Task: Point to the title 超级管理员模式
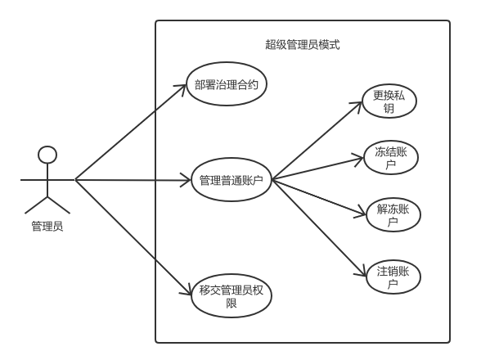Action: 303,45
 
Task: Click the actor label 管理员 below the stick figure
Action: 47,227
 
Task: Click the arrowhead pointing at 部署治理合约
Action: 182,88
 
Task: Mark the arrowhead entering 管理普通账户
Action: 186,180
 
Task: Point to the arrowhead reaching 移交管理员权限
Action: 187,290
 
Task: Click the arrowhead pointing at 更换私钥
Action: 357,106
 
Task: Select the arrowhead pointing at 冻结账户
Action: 359,160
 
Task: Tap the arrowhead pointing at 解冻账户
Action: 361,213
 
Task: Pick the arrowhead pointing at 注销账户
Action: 362,272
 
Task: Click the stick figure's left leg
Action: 36,205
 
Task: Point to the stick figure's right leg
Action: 59,205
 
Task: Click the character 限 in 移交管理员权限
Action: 232,304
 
